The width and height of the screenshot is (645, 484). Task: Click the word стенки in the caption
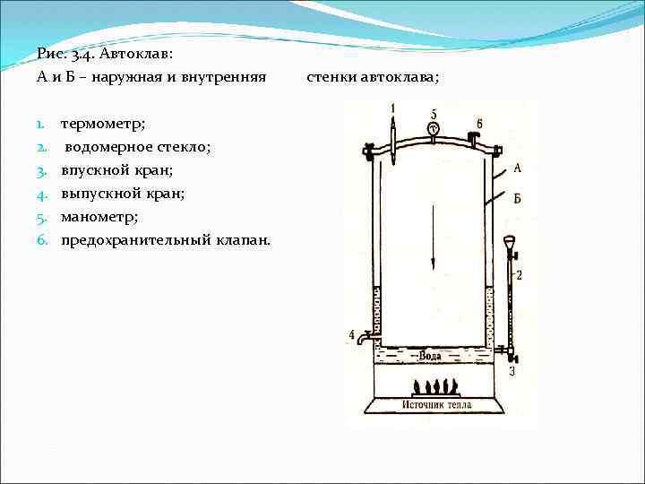332,78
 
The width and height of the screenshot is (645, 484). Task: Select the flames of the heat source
435,387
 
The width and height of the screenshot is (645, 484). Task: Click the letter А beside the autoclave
518,168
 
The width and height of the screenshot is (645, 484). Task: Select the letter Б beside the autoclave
518,198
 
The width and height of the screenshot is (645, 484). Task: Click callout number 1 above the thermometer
392,108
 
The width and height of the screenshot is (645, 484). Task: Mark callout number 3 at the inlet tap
512,369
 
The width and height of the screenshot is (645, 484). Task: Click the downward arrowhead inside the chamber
434,264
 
